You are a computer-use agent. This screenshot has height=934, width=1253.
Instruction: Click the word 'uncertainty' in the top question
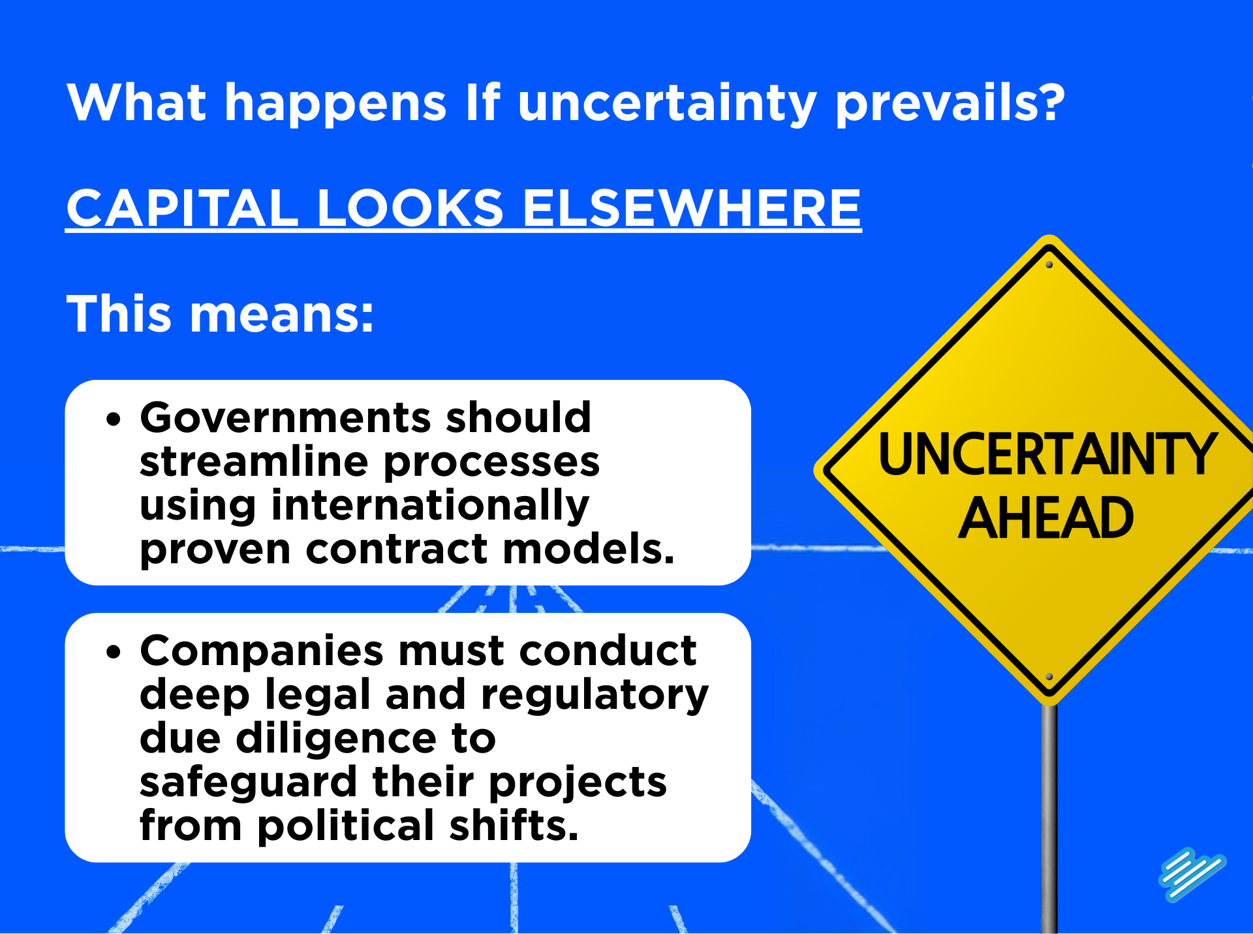(666, 103)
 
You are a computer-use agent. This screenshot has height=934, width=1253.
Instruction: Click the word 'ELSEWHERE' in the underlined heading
(692, 208)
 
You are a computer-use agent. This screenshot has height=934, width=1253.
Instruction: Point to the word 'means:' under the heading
(282, 314)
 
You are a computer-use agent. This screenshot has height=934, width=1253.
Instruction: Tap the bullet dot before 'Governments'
(114, 419)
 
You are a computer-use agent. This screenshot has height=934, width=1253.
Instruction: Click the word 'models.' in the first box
(588, 549)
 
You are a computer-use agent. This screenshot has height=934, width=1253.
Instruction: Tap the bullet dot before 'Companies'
(114, 651)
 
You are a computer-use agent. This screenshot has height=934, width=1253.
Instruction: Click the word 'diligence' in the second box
(335, 739)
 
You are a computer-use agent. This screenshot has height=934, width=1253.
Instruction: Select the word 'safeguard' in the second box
(249, 783)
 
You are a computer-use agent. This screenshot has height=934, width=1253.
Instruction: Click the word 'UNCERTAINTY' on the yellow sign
(1047, 455)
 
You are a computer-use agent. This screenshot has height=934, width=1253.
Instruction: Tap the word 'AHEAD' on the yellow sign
(1046, 518)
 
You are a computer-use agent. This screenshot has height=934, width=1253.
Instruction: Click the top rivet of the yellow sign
(1049, 265)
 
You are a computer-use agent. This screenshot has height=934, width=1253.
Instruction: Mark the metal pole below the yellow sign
(1049, 816)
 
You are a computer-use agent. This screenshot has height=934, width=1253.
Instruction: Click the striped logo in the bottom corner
(1192, 875)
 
